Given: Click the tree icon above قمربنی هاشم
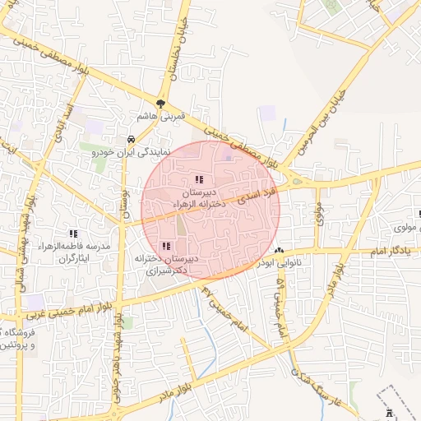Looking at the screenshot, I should [161, 104].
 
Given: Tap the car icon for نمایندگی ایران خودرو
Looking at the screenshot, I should [132, 140].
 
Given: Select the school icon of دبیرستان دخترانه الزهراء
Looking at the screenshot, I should [198, 179].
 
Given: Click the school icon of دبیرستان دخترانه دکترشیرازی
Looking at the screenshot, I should [167, 246].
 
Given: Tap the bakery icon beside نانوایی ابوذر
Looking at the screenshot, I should [280, 250].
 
